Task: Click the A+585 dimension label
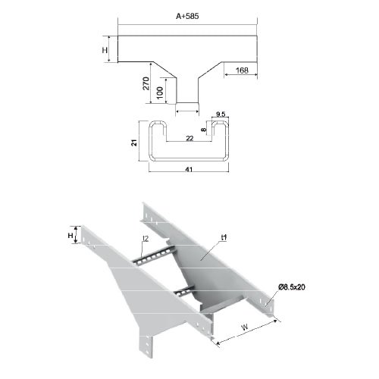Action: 187,16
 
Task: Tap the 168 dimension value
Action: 242,70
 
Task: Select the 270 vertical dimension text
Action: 146,83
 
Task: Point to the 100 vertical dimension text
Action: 160,92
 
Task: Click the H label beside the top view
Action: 105,50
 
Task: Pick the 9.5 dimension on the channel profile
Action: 221,114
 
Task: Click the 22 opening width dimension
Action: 189,138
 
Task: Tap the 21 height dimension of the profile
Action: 134,143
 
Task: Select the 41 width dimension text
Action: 189,169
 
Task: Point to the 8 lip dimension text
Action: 204,130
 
